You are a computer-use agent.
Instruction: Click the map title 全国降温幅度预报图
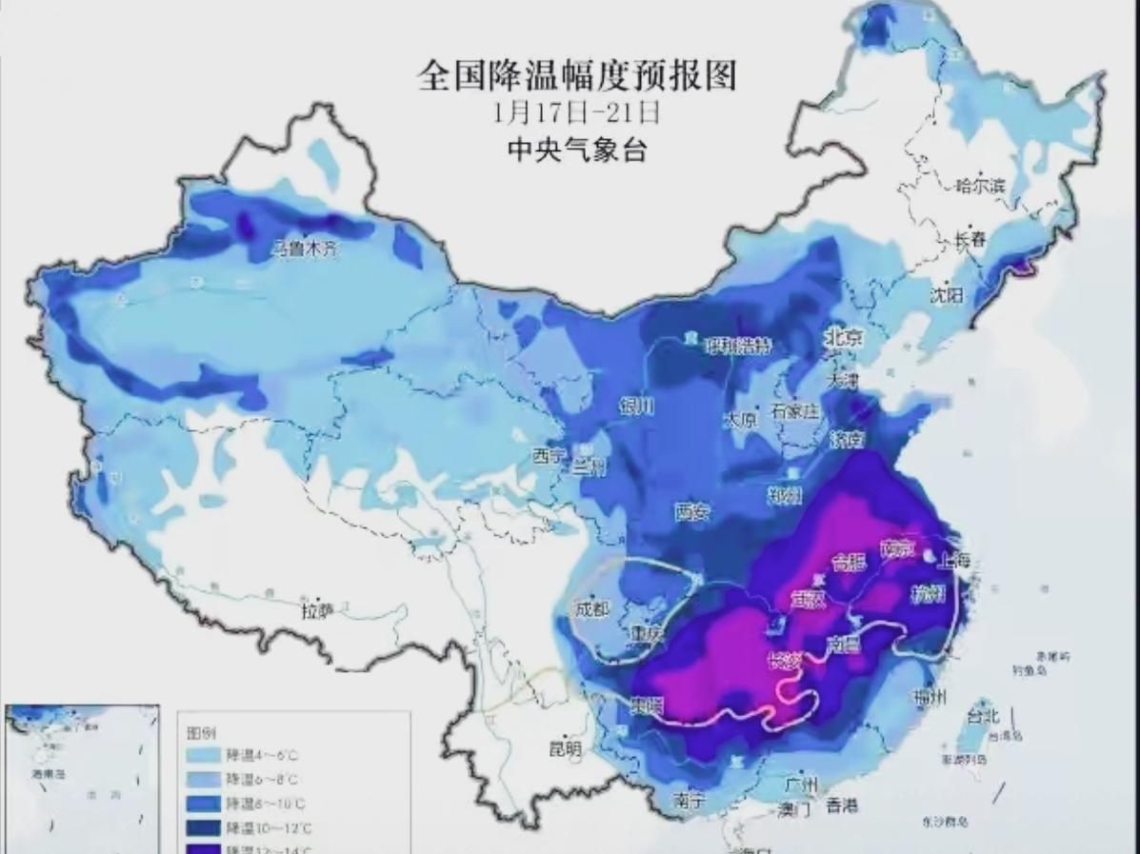tap(577, 75)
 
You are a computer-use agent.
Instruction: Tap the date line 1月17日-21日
tap(576, 112)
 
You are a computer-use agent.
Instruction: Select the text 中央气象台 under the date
tap(576, 149)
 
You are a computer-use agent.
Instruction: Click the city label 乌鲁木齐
tap(305, 249)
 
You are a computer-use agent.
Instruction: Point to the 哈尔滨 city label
tap(981, 186)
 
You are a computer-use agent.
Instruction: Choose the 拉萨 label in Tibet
tap(317, 611)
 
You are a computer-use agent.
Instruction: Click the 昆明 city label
tap(566, 749)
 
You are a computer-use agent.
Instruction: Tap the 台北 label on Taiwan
tap(983, 715)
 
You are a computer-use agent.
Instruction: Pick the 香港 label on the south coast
tap(841, 805)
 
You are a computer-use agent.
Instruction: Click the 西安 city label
tap(692, 512)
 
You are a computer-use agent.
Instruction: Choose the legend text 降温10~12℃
tap(266, 826)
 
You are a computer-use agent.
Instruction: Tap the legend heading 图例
tap(199, 733)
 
